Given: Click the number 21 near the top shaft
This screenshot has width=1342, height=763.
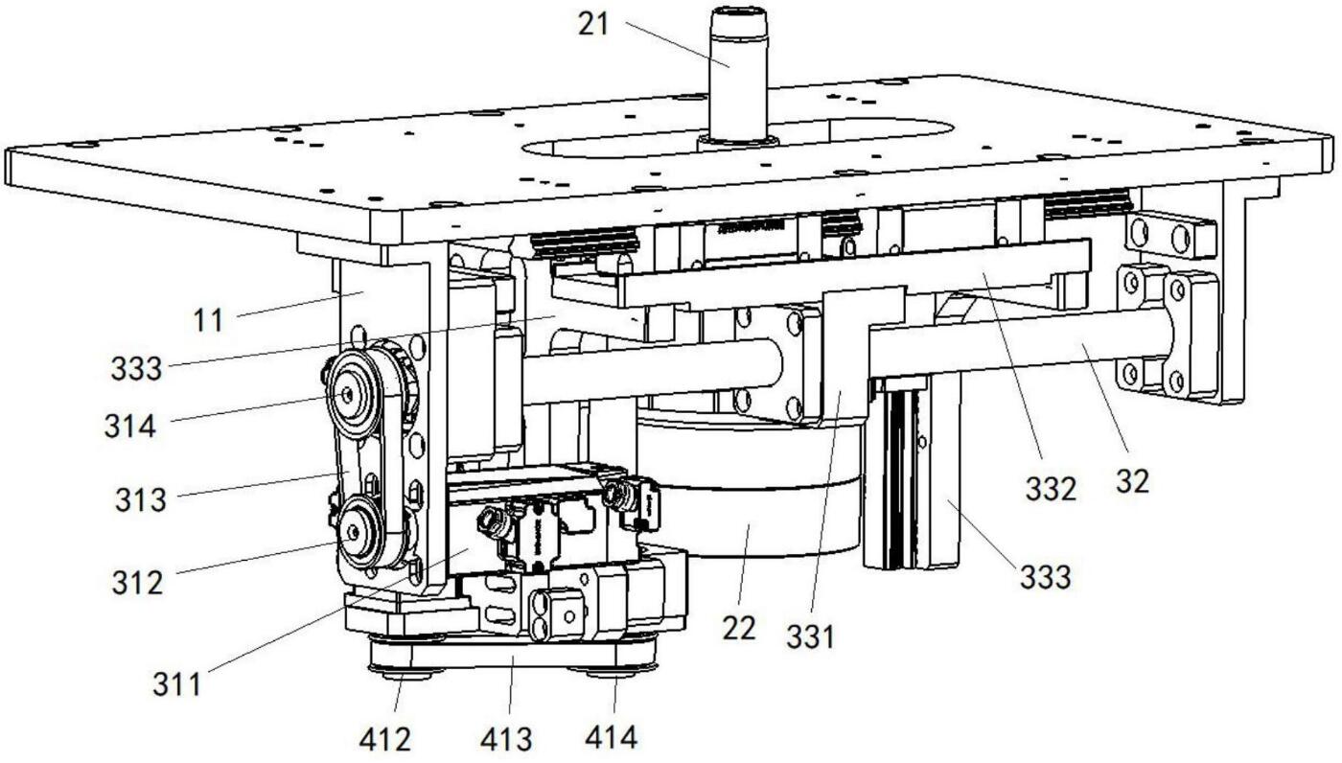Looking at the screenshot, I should [593, 24].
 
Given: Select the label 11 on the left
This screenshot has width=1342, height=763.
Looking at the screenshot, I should [208, 320].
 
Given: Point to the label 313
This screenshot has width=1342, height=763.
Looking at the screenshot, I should [141, 499].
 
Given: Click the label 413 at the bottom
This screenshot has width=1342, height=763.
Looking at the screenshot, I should [506, 739].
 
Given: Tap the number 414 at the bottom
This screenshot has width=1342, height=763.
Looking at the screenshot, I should [610, 739].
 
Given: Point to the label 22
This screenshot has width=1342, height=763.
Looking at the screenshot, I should [739, 629].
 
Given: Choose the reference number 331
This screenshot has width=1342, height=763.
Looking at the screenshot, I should [811, 636].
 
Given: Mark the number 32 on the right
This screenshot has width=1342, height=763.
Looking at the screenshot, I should [1131, 480].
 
